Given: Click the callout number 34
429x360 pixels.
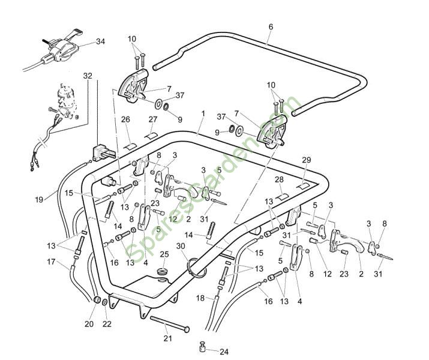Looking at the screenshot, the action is point(101,41).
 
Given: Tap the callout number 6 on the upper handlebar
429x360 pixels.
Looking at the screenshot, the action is point(271,27).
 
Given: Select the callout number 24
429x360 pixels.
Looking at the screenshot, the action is point(224,352).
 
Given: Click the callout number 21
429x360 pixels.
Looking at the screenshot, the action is point(168,338).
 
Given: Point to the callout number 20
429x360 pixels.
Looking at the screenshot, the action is point(89,324).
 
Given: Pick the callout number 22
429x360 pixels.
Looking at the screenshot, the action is point(107,324).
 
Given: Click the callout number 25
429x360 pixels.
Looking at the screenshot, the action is point(164,254).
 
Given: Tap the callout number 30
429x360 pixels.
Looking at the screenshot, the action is point(181,246).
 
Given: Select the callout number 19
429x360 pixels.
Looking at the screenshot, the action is point(39,199).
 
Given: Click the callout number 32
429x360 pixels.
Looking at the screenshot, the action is point(88,76).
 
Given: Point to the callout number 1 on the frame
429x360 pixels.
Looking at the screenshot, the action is point(203,113).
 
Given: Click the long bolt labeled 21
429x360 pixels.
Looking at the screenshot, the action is point(170,324).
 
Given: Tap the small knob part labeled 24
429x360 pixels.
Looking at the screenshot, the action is point(202,347).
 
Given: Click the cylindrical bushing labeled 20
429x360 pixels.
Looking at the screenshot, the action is point(97,300).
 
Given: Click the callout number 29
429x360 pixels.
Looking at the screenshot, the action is point(307,160).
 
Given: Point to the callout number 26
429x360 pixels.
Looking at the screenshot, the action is point(125,119).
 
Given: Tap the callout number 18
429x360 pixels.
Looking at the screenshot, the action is point(200,298).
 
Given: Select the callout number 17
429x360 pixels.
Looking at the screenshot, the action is point(51,262).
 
